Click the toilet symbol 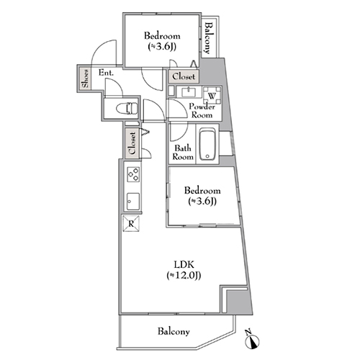pos(127,109)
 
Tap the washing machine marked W pos(212,95)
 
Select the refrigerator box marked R pos(131,224)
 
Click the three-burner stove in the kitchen pos(133,174)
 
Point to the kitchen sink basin pos(133,202)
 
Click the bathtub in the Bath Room pos(207,145)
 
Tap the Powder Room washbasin pos(189,91)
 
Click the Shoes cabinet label pos(86,78)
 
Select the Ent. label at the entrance pos(106,73)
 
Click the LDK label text pos(184,264)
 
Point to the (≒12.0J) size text pos(184,275)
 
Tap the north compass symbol pos(252,340)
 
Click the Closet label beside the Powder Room pos(184,76)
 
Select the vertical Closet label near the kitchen pos(132,143)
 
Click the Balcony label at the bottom pos(174,331)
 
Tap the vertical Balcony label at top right pos(209,38)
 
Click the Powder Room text pos(202,111)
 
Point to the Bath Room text pos(183,152)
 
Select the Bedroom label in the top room pos(162,36)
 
